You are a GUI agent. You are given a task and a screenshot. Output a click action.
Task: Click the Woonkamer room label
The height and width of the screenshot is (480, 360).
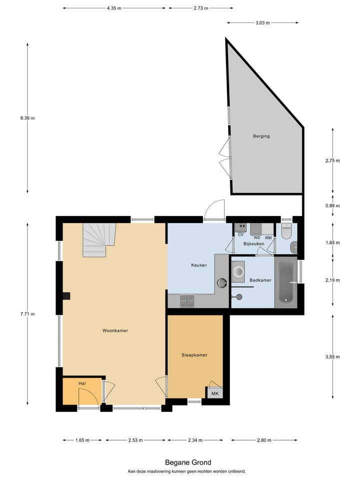click(x=115, y=330)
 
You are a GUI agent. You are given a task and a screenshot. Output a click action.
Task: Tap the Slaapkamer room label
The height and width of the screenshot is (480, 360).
click(x=194, y=355)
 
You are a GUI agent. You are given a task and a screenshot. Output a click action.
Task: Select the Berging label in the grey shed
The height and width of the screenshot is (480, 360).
click(x=261, y=136)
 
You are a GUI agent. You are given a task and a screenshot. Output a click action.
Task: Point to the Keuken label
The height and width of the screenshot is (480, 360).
click(x=199, y=265)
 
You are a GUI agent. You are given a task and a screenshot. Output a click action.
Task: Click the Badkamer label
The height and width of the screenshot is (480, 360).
click(x=260, y=280)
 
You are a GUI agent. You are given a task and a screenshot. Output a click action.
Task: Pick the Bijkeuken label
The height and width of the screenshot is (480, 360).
click(x=253, y=243)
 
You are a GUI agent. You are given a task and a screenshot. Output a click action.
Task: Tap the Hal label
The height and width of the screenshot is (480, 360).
click(x=82, y=383)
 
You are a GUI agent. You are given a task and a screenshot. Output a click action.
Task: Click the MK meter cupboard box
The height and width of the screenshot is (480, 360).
click(x=215, y=393)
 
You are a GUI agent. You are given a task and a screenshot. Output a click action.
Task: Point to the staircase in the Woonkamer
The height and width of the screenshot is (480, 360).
click(x=98, y=239)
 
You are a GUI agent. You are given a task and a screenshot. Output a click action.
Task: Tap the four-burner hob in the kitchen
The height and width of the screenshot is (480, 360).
click(x=187, y=300)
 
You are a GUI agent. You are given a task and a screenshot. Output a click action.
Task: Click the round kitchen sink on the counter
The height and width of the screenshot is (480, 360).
click(x=221, y=283)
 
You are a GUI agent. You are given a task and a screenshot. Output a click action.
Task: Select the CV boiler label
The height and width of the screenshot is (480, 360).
click(x=240, y=234)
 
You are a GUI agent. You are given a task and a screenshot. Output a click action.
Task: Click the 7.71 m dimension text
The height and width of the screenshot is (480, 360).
click(x=27, y=314)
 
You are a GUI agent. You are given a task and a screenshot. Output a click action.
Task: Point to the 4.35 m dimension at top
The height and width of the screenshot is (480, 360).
click(x=114, y=8)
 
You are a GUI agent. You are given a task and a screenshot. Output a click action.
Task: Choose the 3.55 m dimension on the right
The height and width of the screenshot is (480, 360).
click(x=332, y=356)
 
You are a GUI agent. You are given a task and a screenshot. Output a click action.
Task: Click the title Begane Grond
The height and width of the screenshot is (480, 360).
click(x=188, y=462)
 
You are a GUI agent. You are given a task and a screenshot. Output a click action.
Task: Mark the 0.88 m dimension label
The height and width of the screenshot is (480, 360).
click(x=332, y=205)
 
